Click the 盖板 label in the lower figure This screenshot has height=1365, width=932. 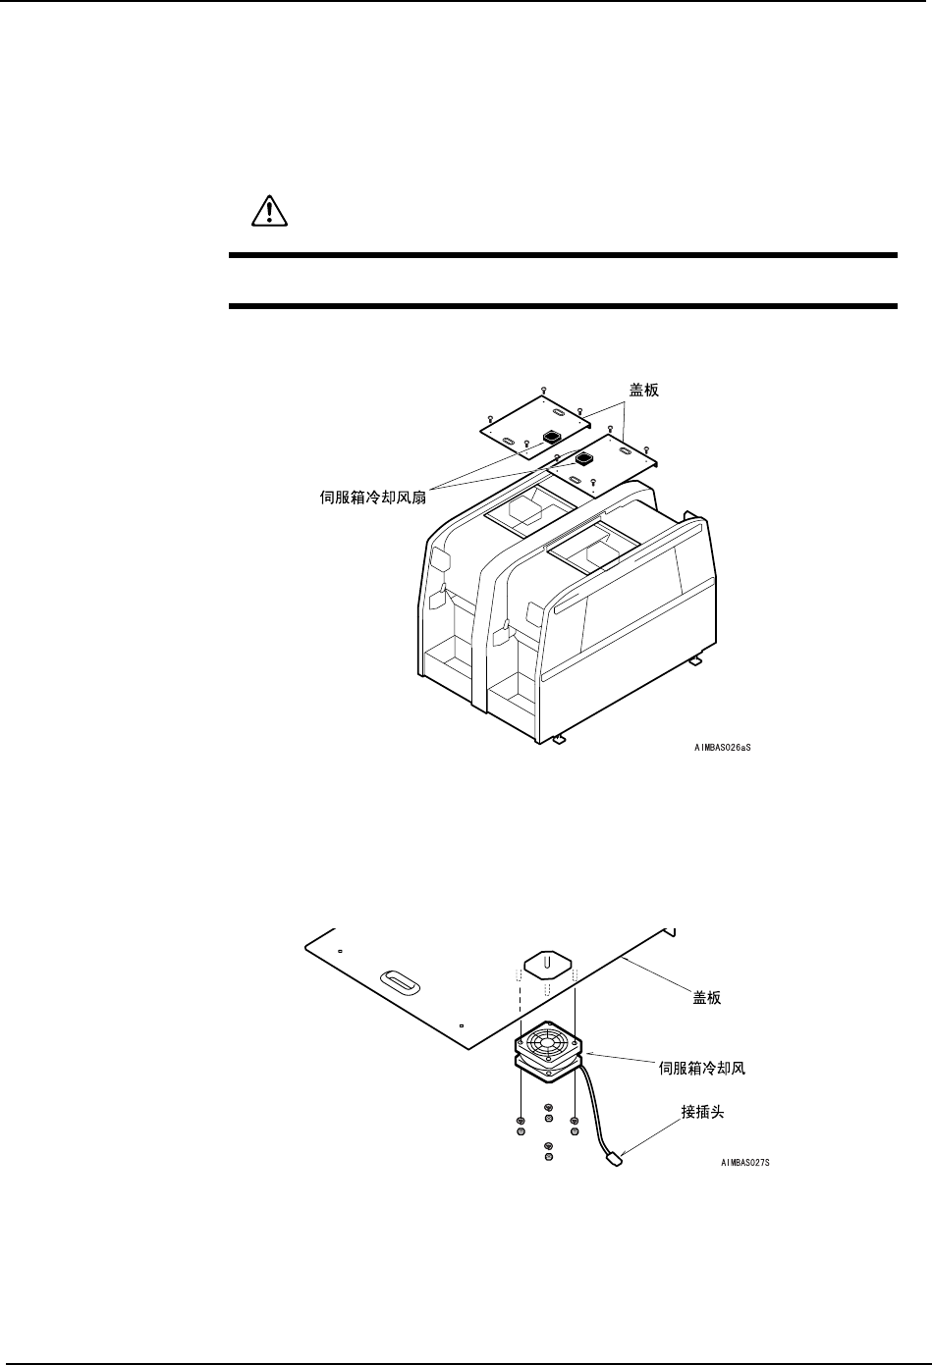(x=701, y=998)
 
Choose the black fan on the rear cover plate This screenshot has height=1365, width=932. (x=551, y=436)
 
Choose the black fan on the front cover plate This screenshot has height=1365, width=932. (x=583, y=459)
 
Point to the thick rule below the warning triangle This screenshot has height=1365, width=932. (x=563, y=257)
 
